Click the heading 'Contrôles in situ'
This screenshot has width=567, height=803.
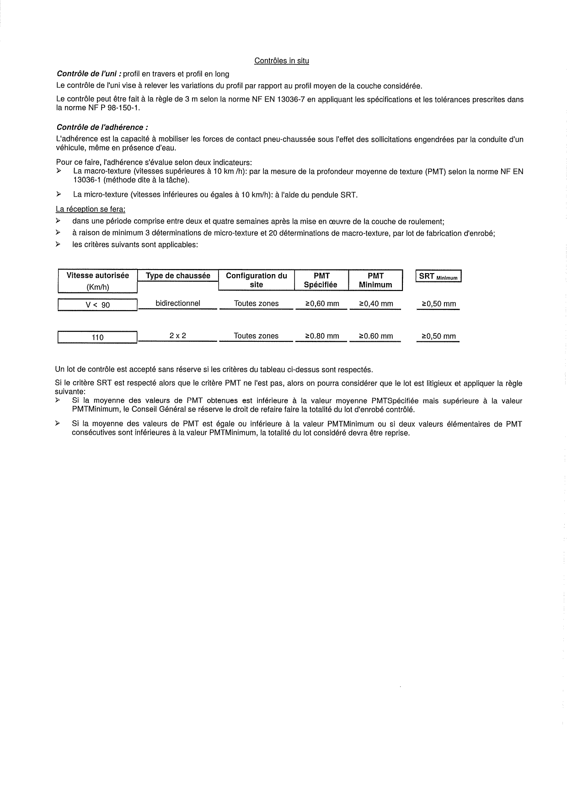click(x=281, y=61)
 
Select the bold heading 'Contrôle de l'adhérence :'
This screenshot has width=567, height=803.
click(x=102, y=128)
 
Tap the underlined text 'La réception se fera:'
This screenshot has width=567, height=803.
click(x=91, y=210)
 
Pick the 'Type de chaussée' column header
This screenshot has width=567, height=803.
click(x=178, y=276)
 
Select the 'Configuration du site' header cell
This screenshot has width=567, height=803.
click(x=257, y=280)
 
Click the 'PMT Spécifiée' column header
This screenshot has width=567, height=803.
click(x=321, y=280)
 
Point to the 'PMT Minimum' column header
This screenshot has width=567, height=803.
click(x=375, y=280)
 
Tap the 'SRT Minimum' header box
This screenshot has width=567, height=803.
click(x=439, y=277)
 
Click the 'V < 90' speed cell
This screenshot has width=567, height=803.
click(x=98, y=305)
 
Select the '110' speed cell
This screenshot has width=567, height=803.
click(x=98, y=338)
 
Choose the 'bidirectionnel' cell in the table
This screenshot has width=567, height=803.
click(x=178, y=303)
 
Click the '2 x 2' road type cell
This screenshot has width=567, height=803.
click(x=177, y=336)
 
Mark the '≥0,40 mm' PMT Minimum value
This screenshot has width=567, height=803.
click(x=375, y=304)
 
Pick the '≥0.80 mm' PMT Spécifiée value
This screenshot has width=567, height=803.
click(x=322, y=336)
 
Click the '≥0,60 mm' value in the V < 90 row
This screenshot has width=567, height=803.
click(x=322, y=304)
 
